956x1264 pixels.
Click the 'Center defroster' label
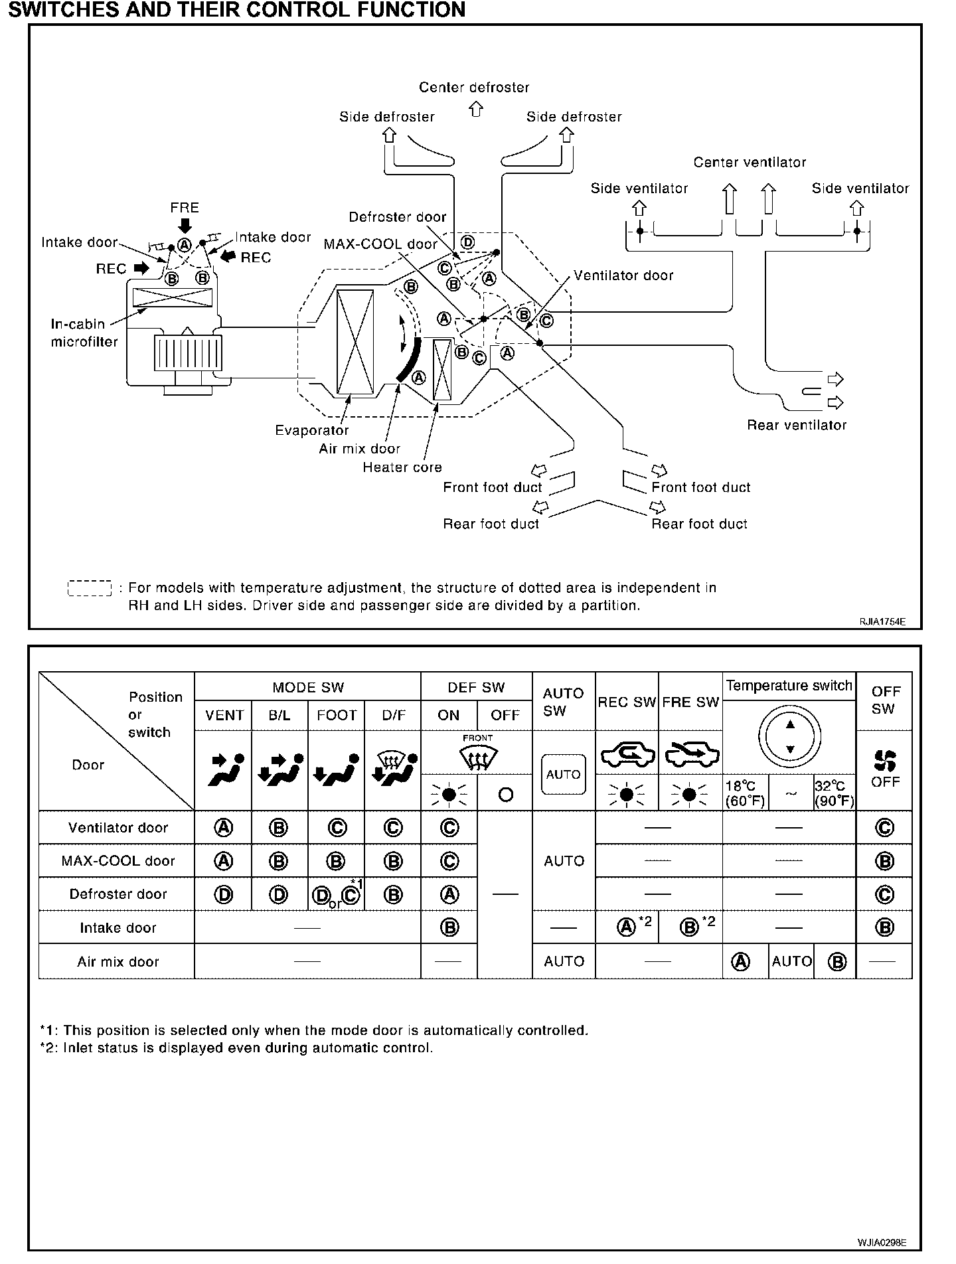[474, 88]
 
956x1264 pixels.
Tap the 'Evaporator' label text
[311, 430]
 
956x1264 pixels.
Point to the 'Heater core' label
[402, 467]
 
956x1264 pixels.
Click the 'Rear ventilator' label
[797, 425]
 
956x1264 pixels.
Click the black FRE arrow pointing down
[185, 225]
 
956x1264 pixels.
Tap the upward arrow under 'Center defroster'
[475, 109]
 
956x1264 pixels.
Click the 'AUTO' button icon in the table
[564, 774]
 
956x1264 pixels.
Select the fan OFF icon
[884, 761]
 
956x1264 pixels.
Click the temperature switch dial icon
[789, 736]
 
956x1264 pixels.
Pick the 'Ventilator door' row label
[118, 828]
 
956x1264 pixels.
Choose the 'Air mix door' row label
[118, 961]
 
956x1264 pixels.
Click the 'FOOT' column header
[337, 715]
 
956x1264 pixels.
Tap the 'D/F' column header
[393, 715]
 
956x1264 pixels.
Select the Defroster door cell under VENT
[224, 894]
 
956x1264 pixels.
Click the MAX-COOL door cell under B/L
[279, 861]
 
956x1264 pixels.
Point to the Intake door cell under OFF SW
[884, 927]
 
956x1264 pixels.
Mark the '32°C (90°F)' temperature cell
[834, 793]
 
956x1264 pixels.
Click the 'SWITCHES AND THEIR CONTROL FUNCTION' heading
[236, 10]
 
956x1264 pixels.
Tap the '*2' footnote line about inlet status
[236, 1048]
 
